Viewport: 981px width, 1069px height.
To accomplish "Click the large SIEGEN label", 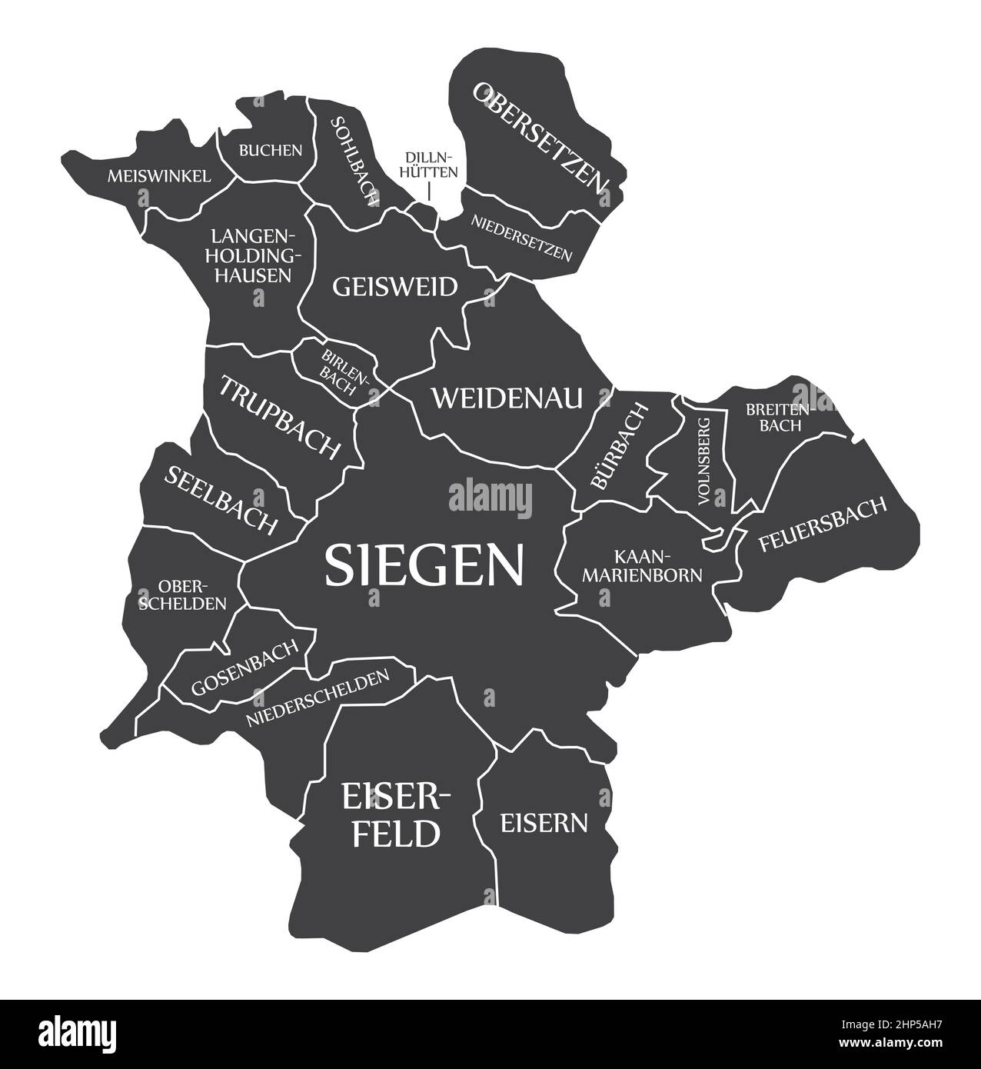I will coord(424,564).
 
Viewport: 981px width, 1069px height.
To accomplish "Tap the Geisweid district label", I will coord(394,287).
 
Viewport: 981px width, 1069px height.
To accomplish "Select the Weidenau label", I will coord(507,398).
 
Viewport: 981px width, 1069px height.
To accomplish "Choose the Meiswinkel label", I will coord(159,176).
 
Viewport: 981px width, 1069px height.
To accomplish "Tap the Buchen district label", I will coord(270,150).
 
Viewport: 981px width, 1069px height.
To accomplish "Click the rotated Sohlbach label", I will coord(355,161).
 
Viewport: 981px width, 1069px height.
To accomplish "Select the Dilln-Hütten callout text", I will coord(431,164).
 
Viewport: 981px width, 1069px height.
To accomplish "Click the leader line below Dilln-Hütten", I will coord(429,190).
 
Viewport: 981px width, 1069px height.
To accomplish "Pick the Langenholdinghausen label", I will coord(253,254).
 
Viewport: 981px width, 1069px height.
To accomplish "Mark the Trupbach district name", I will coord(280,417).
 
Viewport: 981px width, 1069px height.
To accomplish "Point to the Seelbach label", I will coord(221,499).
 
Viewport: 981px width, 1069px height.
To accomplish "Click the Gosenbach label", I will coord(244,668).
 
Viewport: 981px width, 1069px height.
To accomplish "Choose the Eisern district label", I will coord(544,823).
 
